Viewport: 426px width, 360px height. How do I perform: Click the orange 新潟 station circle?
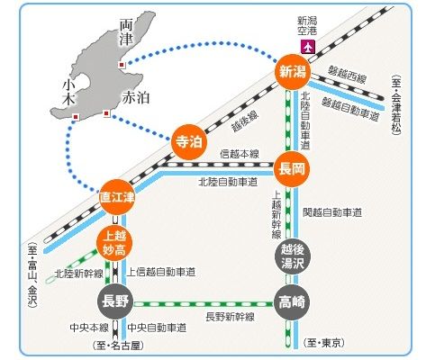pos(293,72)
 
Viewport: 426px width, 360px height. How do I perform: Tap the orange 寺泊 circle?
pos(189,142)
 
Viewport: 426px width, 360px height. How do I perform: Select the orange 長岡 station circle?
pos(292,169)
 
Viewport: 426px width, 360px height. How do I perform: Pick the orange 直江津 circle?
pos(117,197)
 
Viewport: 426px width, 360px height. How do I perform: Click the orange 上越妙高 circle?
pos(114,243)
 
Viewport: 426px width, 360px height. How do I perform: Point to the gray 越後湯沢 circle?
pos(292,256)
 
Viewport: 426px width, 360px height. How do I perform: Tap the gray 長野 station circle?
pos(115,301)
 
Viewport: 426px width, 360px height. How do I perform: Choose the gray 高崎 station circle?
pos(292,302)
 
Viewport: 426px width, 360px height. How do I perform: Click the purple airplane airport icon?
pos(308,47)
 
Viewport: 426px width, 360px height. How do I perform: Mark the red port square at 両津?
pos(122,65)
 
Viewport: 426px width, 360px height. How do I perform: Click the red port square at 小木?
pos(76,117)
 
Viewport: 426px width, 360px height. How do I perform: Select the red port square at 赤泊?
pos(106,113)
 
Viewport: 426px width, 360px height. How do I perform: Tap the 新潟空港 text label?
pos(307,25)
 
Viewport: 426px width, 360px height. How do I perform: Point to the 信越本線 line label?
pos(240,154)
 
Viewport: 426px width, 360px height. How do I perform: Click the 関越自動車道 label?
pos(332,212)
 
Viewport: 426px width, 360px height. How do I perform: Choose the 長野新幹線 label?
pos(230,317)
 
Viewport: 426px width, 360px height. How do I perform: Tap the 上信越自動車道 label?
pos(161,273)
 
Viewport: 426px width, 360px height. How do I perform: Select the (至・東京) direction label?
pos(323,343)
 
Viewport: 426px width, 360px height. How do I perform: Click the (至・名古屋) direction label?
pos(118,346)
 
